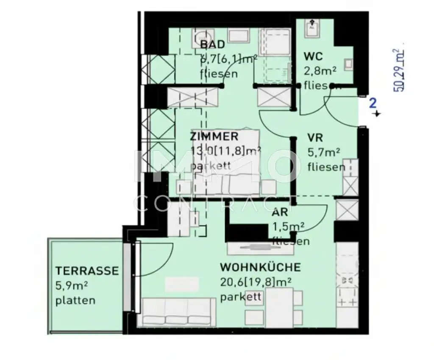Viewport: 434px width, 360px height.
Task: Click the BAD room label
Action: coord(213,45)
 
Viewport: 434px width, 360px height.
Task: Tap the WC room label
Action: coord(313,56)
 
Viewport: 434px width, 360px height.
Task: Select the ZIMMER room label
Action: coord(214,137)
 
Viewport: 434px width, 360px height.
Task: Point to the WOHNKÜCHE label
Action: coord(260,267)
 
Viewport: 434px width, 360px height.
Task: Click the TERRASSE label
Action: coord(86,271)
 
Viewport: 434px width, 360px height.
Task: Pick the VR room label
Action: coord(316,138)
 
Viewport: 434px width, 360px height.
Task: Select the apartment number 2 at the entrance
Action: coord(373,103)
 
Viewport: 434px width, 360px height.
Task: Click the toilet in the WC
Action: coord(312,26)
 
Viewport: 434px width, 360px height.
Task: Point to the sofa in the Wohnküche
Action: coord(177,312)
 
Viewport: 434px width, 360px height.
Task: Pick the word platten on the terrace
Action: coord(75,301)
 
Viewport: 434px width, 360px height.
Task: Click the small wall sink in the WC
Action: coord(348,64)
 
